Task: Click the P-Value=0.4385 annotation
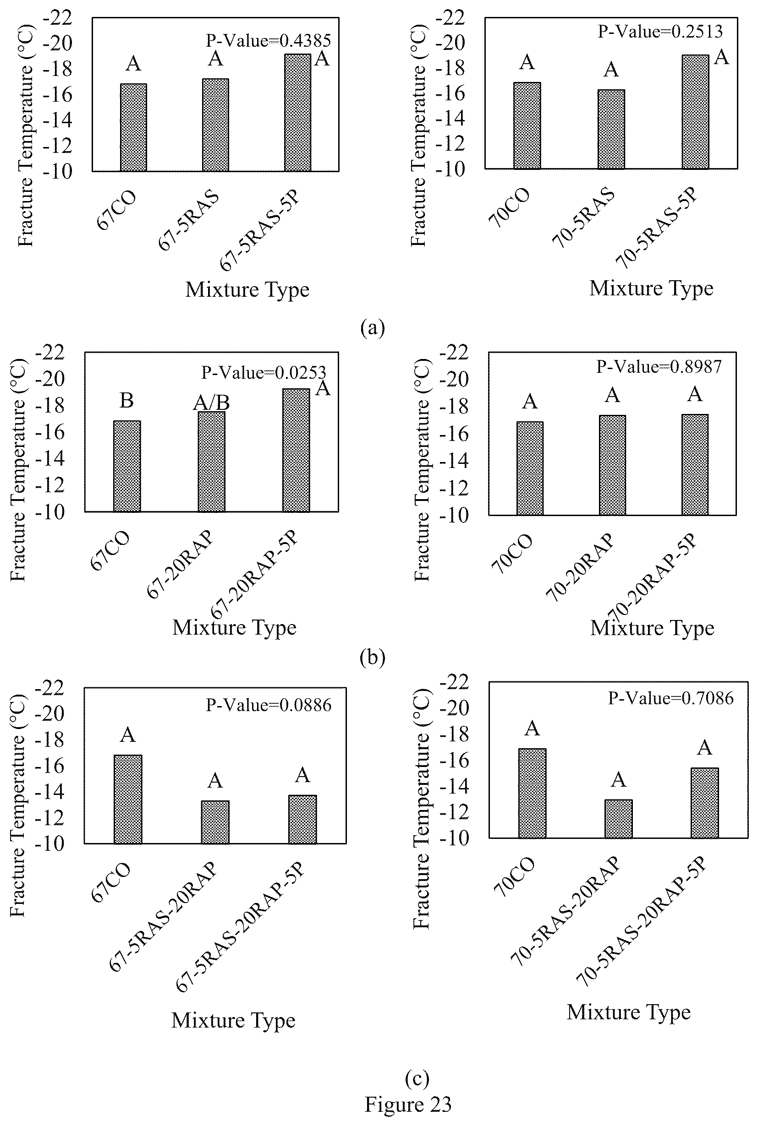tap(268, 41)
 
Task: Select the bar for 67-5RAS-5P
tap(298, 113)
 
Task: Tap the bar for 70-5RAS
tap(611, 129)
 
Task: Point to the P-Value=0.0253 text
tap(264, 372)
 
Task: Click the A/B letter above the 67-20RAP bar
tap(211, 403)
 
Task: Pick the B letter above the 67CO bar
tap(126, 400)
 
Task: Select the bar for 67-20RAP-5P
tap(297, 450)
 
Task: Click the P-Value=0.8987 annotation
tap(659, 367)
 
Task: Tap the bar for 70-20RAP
tap(612, 465)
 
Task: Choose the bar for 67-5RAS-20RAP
tap(215, 821)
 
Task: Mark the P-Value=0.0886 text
tap(269, 705)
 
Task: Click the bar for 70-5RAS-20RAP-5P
tap(705, 802)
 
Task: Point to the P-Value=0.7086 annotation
tap(671, 697)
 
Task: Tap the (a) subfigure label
tap(373, 328)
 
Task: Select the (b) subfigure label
tap(373, 658)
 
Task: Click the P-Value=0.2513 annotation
tap(660, 32)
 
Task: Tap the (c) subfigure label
tap(417, 1078)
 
